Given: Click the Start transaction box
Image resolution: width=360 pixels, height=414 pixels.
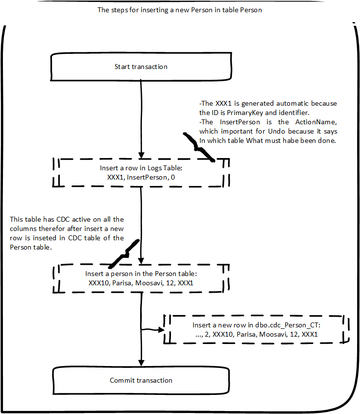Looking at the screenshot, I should (x=141, y=67).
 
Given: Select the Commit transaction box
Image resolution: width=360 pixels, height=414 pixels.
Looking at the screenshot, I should (x=141, y=380).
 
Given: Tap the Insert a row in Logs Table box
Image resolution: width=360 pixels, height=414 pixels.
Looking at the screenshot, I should (x=141, y=173).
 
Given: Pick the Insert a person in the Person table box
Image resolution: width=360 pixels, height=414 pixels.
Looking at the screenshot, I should (x=141, y=278).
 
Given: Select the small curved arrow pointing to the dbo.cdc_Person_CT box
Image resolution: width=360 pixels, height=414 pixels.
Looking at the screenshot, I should (x=152, y=329).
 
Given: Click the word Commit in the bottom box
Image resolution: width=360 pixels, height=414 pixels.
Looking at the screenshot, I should (x=121, y=380).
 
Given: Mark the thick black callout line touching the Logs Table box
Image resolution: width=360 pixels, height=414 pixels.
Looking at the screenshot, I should (x=198, y=147).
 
